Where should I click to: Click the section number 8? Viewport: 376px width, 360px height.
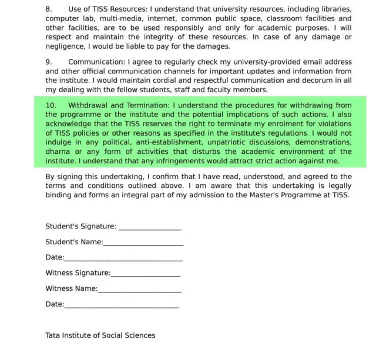click(x=48, y=10)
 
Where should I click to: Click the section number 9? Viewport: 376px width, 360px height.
click(x=48, y=62)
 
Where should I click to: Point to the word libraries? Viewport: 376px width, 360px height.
click(x=335, y=10)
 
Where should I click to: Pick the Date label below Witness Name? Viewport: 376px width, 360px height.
click(x=54, y=304)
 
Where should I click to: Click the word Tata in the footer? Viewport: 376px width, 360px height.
click(x=53, y=335)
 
